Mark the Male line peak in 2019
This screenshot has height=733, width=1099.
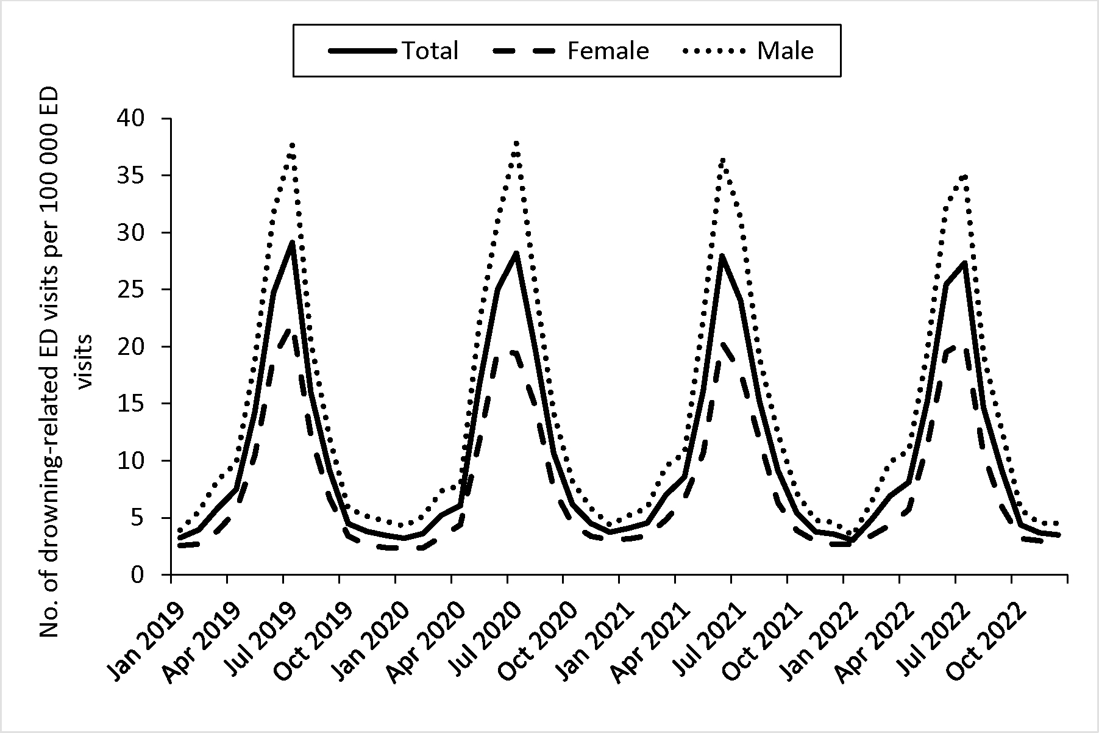point(293,145)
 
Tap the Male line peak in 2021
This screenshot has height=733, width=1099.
point(722,160)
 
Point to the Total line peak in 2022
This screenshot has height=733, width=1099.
point(964,263)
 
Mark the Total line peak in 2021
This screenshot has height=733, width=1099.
point(722,256)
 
